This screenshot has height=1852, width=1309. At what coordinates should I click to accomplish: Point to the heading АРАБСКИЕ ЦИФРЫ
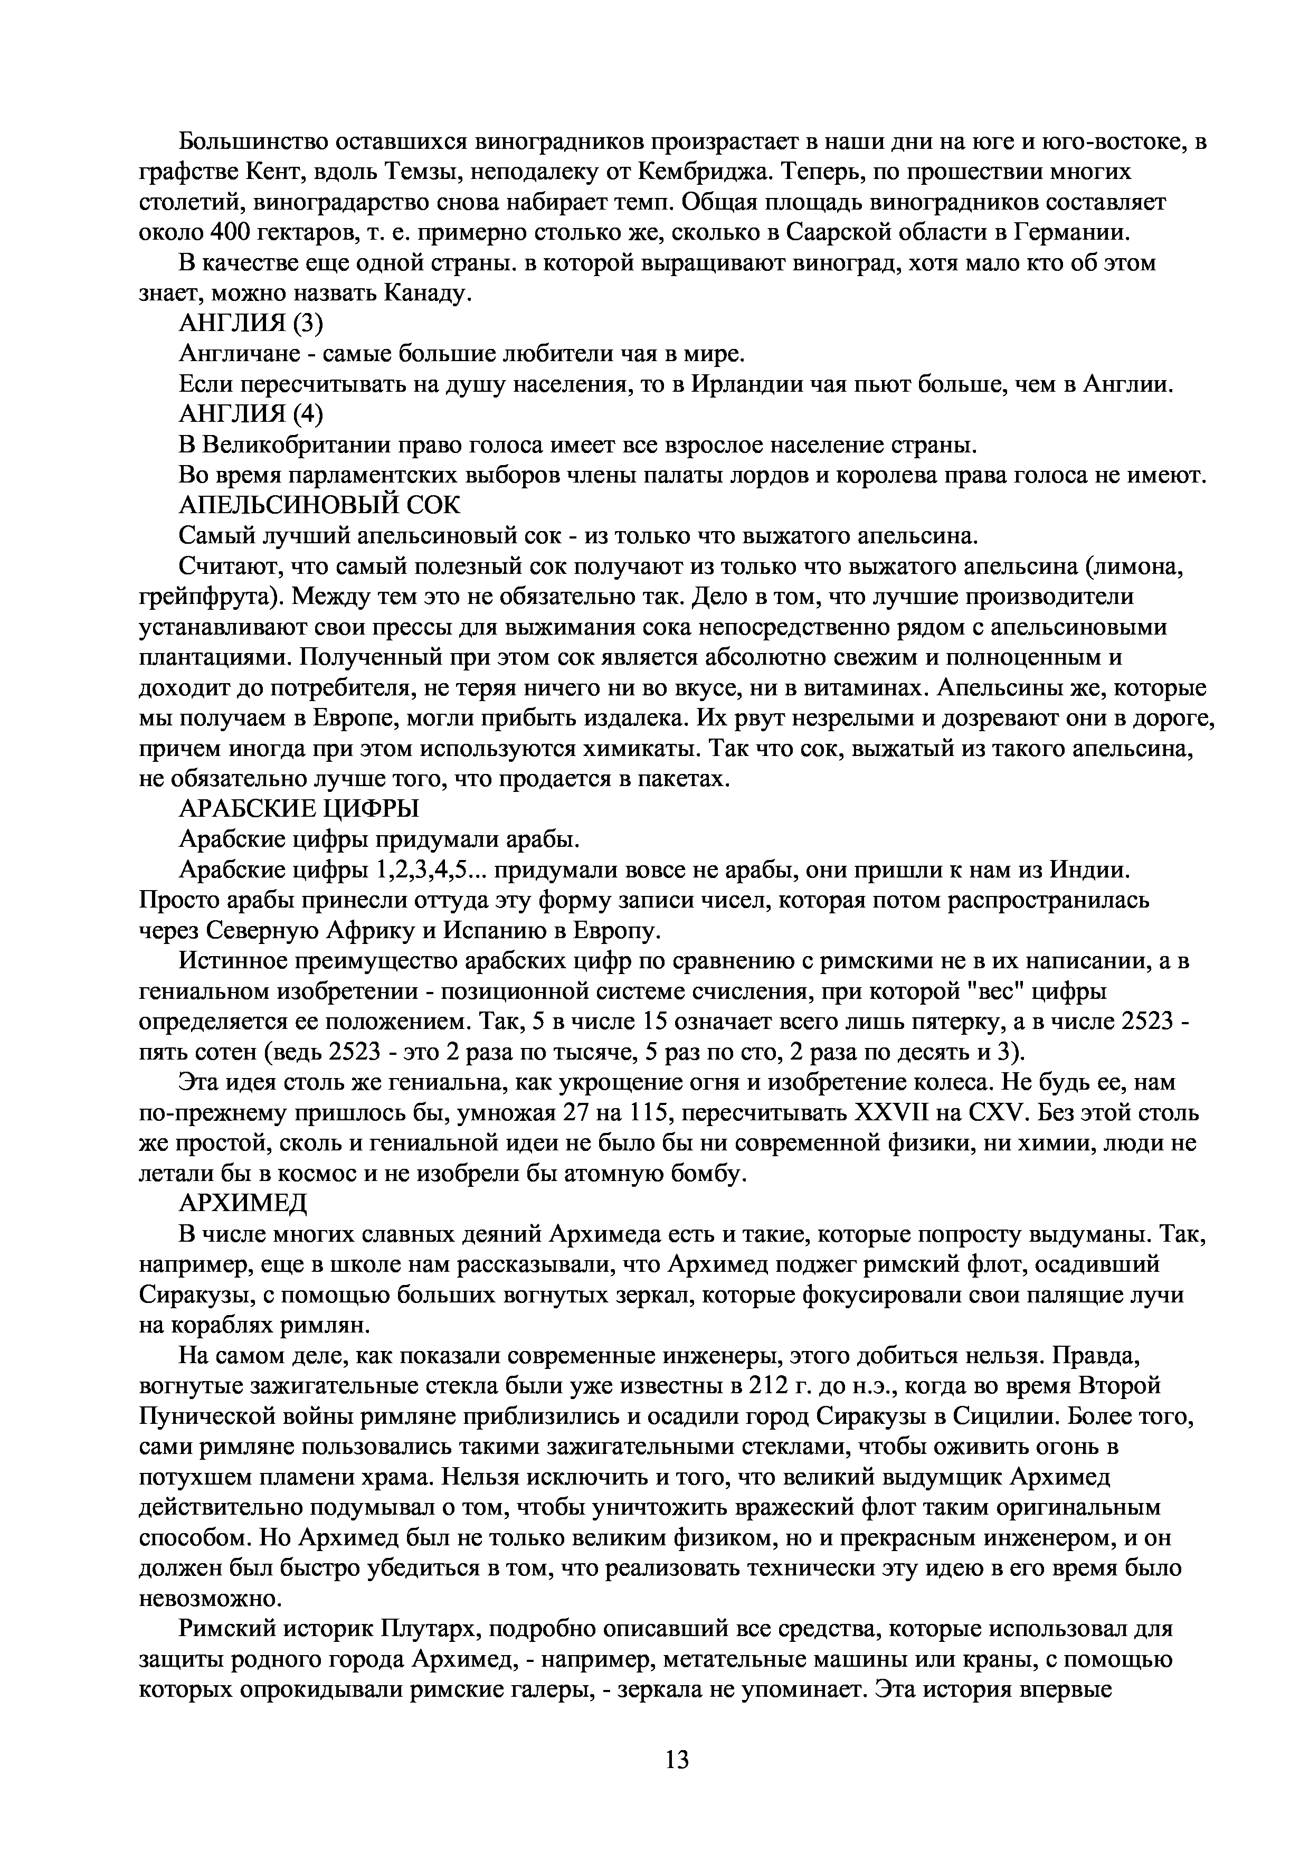(298, 808)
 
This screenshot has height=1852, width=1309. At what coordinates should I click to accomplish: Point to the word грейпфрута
(210, 597)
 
